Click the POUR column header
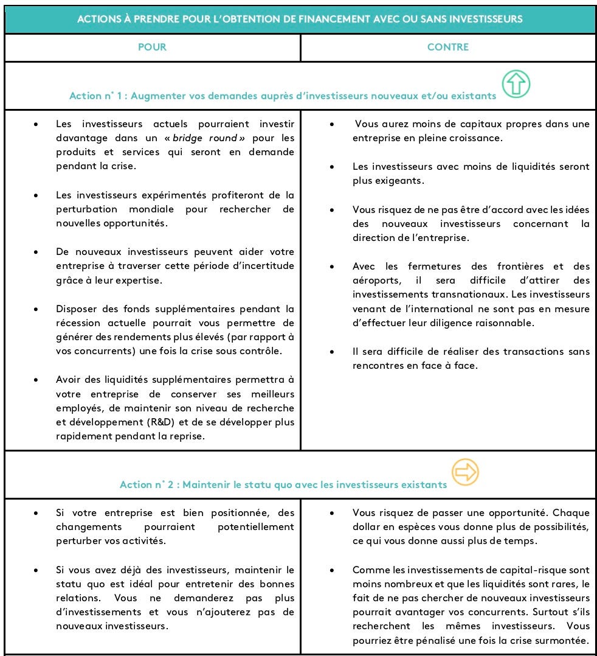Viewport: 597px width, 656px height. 152,47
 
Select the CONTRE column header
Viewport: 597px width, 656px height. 448,47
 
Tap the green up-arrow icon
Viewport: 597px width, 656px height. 516,84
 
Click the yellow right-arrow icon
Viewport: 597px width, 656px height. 465,472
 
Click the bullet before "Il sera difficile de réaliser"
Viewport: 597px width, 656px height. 332,352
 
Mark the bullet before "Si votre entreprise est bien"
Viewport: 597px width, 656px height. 37,513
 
